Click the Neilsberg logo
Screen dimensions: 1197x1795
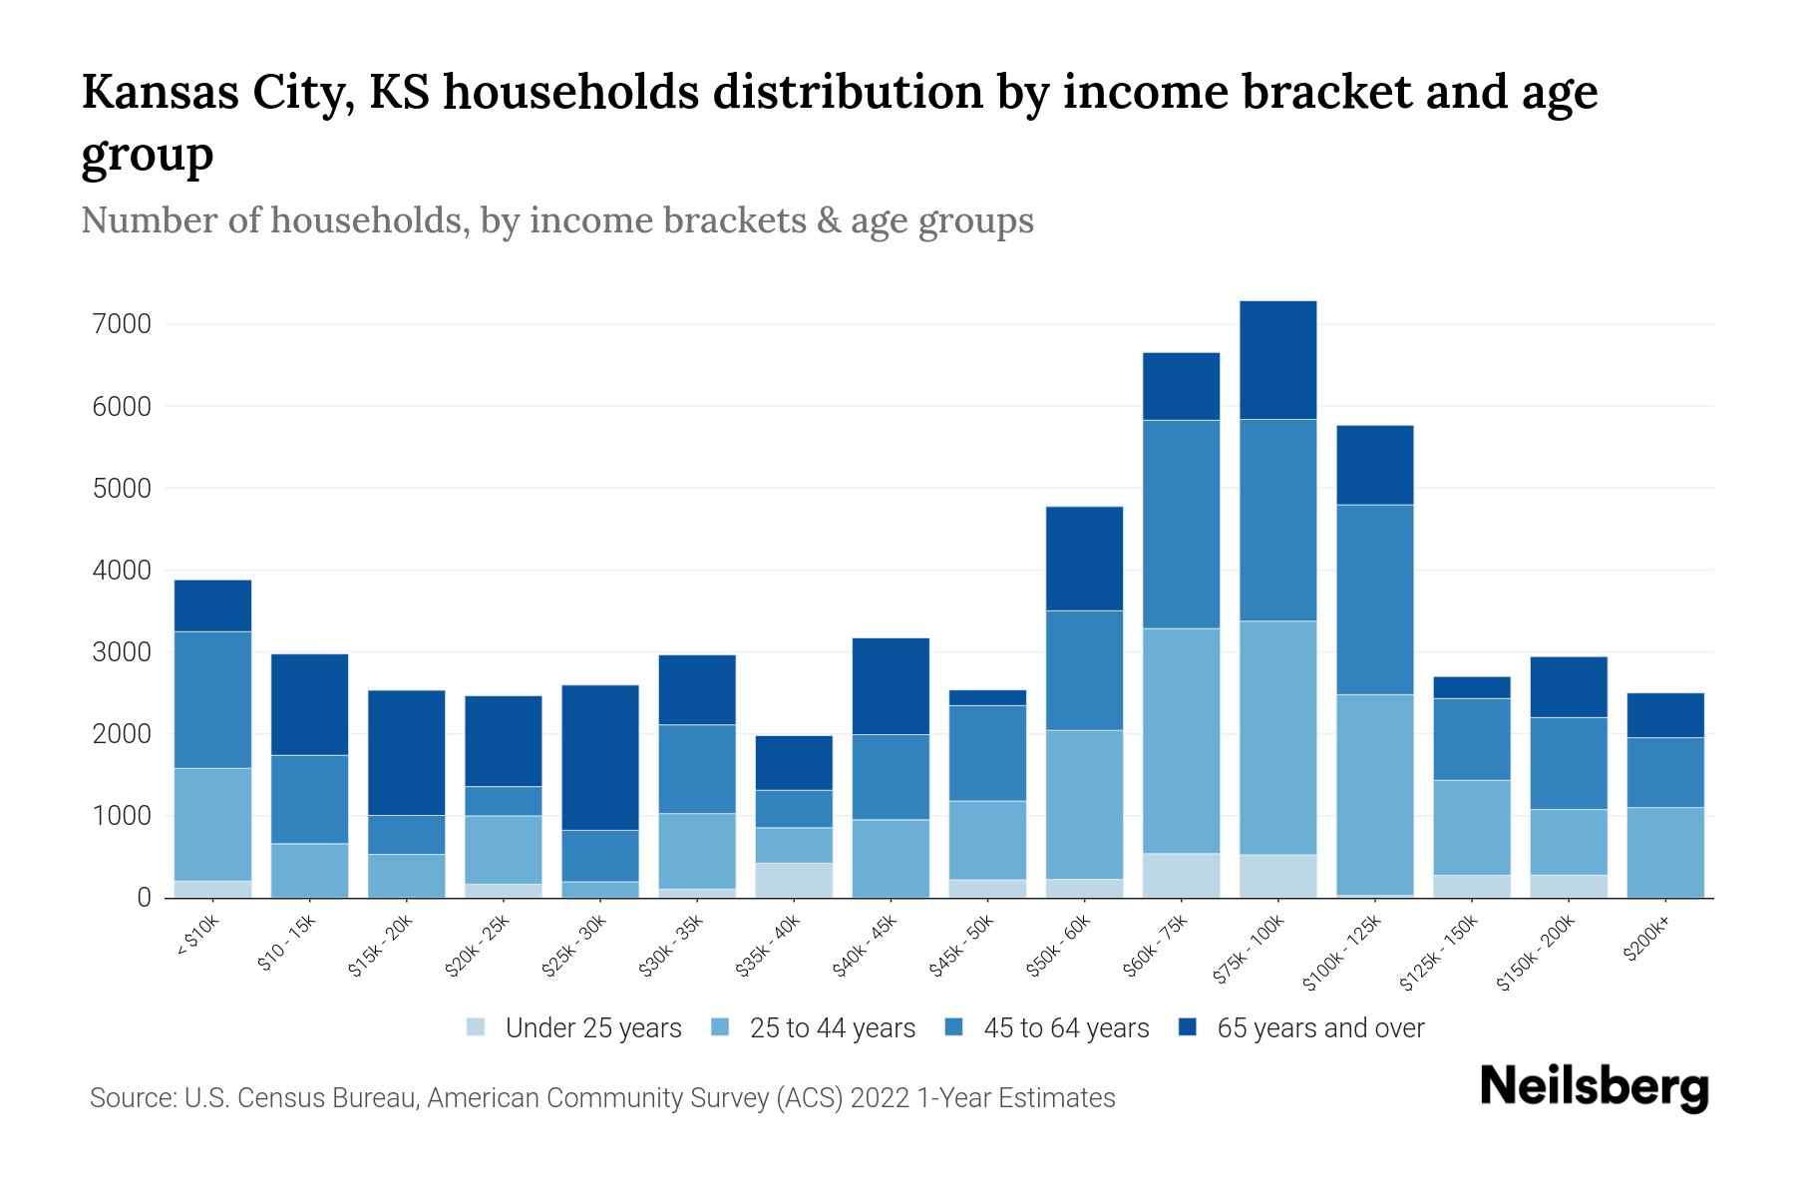(x=1594, y=1088)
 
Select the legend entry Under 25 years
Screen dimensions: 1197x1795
(x=592, y=1028)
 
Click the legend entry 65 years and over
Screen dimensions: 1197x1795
(x=1319, y=1028)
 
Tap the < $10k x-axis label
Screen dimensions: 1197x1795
(x=198, y=936)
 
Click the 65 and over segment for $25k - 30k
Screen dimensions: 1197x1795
(x=600, y=757)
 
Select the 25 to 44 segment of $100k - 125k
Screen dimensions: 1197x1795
(x=1375, y=794)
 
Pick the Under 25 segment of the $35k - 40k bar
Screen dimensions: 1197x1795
(x=794, y=880)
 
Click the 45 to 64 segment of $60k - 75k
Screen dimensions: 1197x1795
(x=1181, y=524)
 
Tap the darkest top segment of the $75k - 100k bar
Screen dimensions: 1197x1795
(x=1277, y=360)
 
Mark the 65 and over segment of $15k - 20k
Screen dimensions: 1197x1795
(x=406, y=752)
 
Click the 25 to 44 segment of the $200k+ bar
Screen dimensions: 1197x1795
(x=1665, y=852)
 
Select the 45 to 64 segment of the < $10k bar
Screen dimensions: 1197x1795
(x=212, y=699)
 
